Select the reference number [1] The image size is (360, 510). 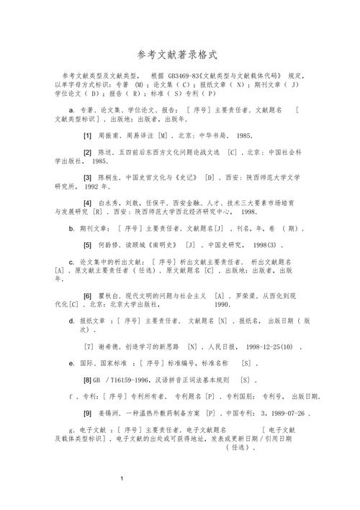click(87, 135)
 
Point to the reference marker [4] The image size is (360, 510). click(87, 204)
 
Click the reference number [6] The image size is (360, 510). click(87, 296)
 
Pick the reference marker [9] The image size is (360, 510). click(87, 414)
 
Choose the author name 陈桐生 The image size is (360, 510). click(111, 176)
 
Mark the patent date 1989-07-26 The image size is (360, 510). click(284, 414)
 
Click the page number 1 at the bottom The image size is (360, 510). click(123, 478)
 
